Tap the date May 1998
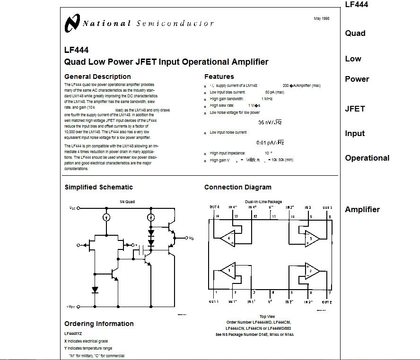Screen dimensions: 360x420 pyautogui.click(x=322, y=18)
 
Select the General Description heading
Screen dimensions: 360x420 pyautogui.click(x=97, y=77)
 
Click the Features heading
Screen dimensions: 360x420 pyautogui.click(x=219, y=77)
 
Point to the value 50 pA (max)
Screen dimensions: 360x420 pyautogui.click(x=274, y=92)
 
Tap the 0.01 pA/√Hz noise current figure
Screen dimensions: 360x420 pyautogui.click(x=270, y=142)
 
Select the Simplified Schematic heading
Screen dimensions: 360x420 pyautogui.click(x=99, y=187)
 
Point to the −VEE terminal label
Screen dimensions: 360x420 pyautogui.click(x=72, y=307)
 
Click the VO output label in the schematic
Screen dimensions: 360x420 pyautogui.click(x=191, y=238)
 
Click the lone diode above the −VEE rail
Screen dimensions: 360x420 pyautogui.click(x=95, y=289)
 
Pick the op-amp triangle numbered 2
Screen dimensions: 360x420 pyautogui.click(x=311, y=271)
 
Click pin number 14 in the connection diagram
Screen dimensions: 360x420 pyautogui.click(x=217, y=216)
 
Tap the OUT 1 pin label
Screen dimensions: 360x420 pyautogui.click(x=214, y=301)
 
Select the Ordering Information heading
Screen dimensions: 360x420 pyautogui.click(x=99, y=324)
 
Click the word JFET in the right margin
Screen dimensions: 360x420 pyautogui.click(x=355, y=109)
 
